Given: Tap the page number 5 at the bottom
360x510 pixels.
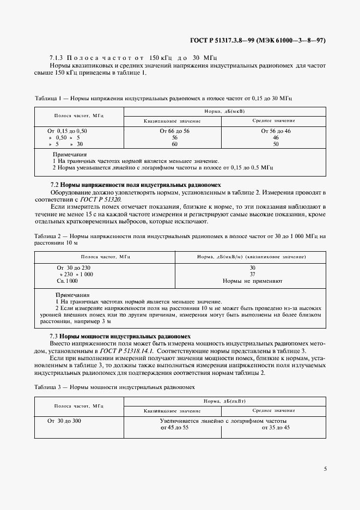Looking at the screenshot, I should click(325, 469).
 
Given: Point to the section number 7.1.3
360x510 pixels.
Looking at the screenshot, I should click(57, 58).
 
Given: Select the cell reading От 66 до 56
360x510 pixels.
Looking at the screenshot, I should click(174, 131).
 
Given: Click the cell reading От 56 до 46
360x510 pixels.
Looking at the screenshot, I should click(276, 131).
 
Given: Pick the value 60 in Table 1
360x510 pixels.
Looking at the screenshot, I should click(175, 144).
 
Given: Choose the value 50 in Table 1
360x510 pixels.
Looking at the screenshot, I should click(276, 144).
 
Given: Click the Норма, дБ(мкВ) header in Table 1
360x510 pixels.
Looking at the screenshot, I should click(225, 111).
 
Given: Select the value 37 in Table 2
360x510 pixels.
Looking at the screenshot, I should click(252, 275).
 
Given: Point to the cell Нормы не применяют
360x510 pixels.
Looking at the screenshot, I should click(252, 281).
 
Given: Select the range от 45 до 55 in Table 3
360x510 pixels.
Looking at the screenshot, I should click(174, 428).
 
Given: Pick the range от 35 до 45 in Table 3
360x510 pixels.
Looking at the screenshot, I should click(276, 428).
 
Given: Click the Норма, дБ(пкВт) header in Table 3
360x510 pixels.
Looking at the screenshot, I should click(225, 401).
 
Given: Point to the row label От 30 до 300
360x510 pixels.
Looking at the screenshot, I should click(64, 421).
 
